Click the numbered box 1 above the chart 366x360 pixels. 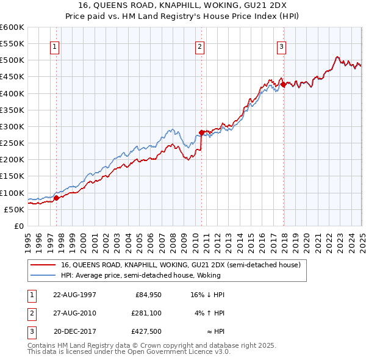click(55, 46)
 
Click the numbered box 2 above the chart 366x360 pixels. click(199, 46)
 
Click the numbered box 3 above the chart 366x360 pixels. click(281, 46)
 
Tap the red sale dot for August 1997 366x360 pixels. click(56, 198)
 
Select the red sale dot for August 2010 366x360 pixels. click(201, 132)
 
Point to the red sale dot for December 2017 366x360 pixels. click(283, 84)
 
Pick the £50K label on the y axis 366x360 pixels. click(14, 209)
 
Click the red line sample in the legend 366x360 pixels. click(43, 265)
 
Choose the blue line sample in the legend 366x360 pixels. click(43, 275)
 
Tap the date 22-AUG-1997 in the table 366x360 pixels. click(74, 295)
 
